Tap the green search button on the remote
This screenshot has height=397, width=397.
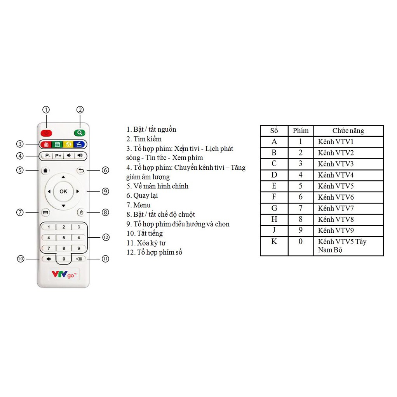click(x=80, y=133)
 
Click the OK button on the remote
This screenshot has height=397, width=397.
click(x=63, y=191)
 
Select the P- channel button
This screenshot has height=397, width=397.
click(x=47, y=156)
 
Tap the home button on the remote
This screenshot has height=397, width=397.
click(x=45, y=170)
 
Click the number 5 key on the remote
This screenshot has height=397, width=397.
click(x=64, y=237)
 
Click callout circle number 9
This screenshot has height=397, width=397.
click(x=105, y=191)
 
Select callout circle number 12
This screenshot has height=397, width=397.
click(x=106, y=237)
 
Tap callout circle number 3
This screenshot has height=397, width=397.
click(x=20, y=144)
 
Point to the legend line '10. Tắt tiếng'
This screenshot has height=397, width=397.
click(x=145, y=233)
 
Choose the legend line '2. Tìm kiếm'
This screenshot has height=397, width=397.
click(x=144, y=139)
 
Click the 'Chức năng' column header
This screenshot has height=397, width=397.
click(x=348, y=131)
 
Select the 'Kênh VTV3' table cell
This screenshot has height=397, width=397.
click(x=336, y=164)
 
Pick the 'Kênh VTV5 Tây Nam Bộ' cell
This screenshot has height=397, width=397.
click(x=342, y=246)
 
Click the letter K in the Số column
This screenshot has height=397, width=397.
click(x=274, y=242)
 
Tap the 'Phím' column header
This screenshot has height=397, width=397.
click(x=301, y=131)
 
